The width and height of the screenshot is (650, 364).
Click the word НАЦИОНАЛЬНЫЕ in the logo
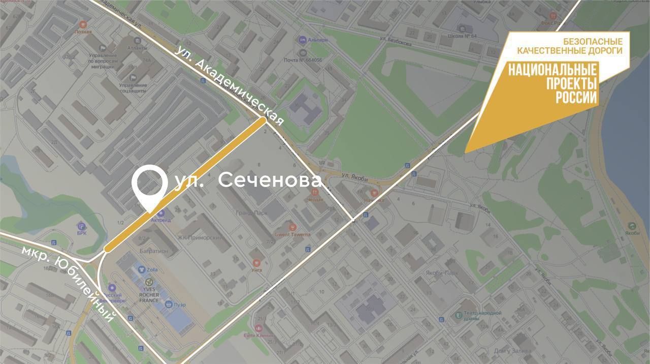click(553, 70)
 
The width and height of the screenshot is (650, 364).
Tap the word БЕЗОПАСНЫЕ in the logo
click(593, 41)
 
